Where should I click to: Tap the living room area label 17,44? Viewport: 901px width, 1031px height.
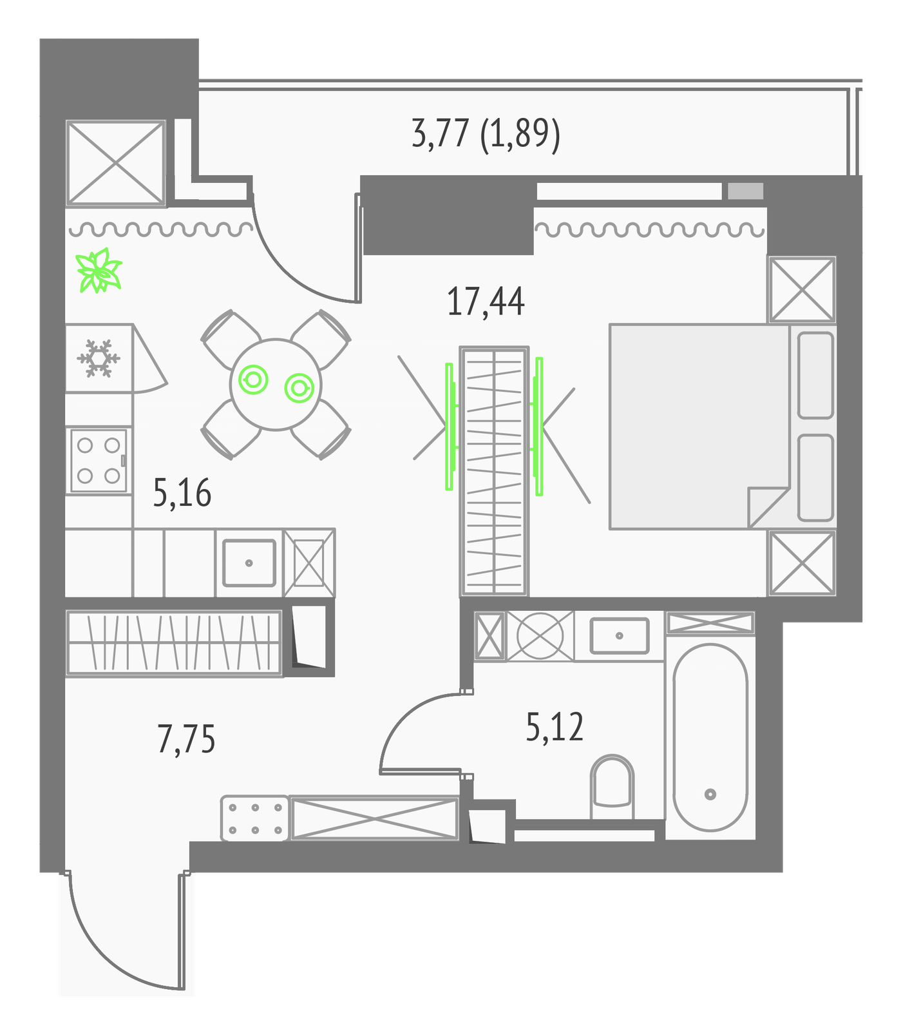tap(486, 302)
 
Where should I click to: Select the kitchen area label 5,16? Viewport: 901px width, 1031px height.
tap(182, 494)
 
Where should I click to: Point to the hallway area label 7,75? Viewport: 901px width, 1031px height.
tap(186, 738)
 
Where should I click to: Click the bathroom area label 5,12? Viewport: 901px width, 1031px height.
tap(555, 727)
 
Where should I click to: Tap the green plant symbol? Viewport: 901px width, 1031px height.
tap(99, 271)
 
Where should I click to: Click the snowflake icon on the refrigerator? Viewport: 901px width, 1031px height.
tap(99, 358)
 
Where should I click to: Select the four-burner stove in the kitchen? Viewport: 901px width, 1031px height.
tap(99, 460)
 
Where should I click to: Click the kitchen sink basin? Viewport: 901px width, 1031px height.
tap(249, 563)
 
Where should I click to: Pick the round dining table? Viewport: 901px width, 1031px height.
tap(276, 385)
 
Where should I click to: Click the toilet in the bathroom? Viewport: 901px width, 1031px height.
tap(612, 786)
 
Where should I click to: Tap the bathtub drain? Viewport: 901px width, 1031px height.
tap(710, 794)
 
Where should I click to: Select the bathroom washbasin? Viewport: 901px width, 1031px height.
tap(620, 635)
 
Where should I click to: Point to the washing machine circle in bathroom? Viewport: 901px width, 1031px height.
tap(540, 635)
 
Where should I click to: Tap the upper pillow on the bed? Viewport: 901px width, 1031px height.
tap(816, 375)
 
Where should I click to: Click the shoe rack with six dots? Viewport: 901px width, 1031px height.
tap(254, 818)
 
